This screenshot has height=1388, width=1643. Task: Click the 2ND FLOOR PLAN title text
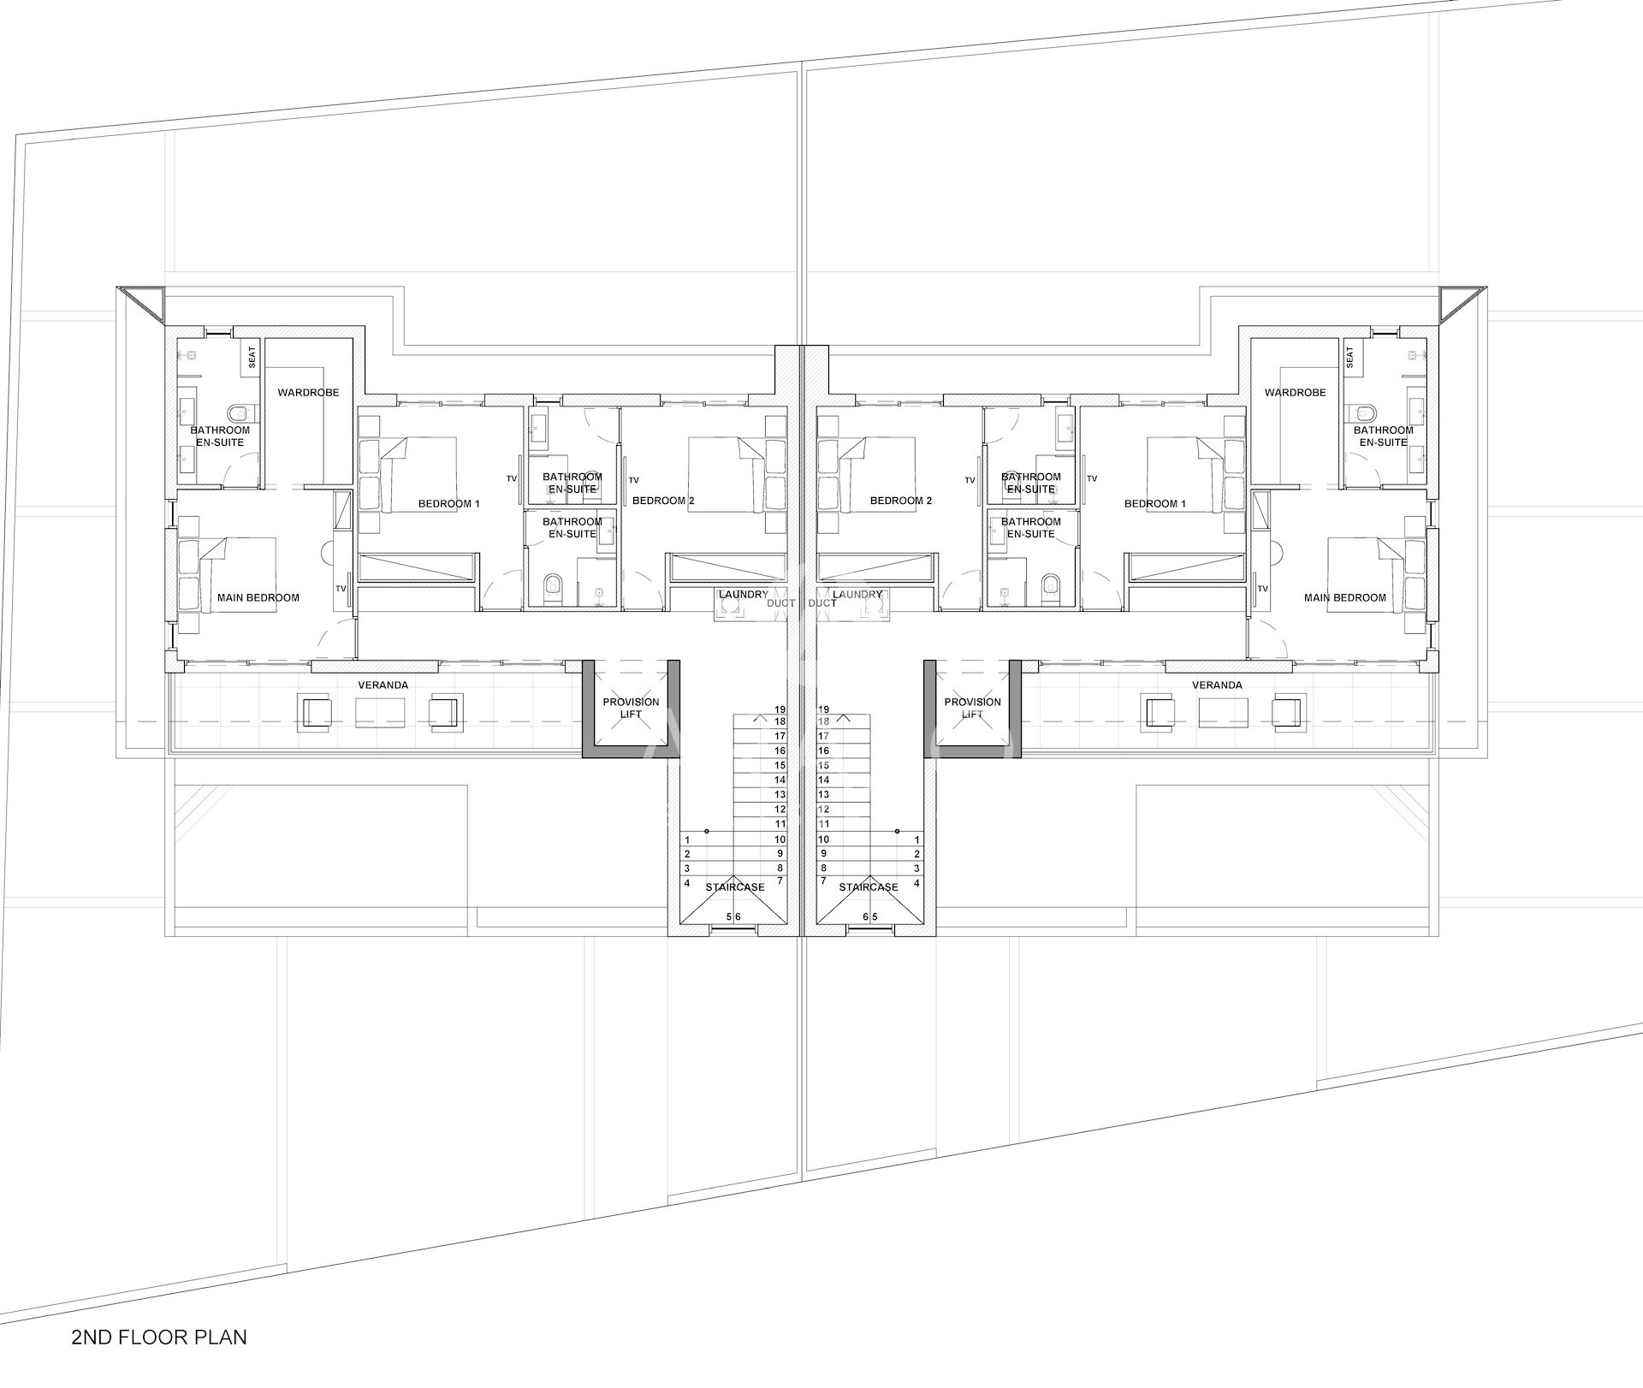point(160,1337)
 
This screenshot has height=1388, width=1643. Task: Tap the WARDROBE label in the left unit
point(308,393)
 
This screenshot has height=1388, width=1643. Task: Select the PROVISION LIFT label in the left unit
point(631,708)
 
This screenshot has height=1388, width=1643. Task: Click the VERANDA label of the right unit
point(1217,685)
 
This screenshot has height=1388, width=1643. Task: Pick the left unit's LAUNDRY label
point(744,594)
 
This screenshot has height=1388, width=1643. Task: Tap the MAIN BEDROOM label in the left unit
point(258,597)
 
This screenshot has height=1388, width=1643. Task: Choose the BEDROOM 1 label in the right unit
point(1155,503)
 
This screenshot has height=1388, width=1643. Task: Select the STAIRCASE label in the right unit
point(869,887)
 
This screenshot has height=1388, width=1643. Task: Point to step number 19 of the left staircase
point(780,709)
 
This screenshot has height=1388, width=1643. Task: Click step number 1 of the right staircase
point(917,840)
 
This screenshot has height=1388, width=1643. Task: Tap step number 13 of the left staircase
point(780,795)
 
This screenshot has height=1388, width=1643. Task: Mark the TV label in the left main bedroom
point(341,589)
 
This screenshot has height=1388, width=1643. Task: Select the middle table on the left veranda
point(380,712)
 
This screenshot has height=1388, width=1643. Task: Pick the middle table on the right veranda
point(1224,712)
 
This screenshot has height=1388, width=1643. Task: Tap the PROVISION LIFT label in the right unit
point(973,708)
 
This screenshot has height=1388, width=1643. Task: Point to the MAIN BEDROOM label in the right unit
point(1345,597)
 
